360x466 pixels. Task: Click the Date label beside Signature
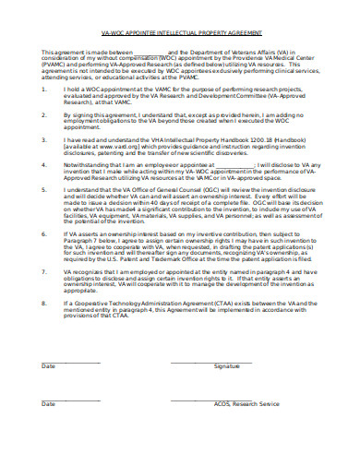(48, 365)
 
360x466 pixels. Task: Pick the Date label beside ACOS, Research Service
(48, 404)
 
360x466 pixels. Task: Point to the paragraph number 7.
(43, 275)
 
